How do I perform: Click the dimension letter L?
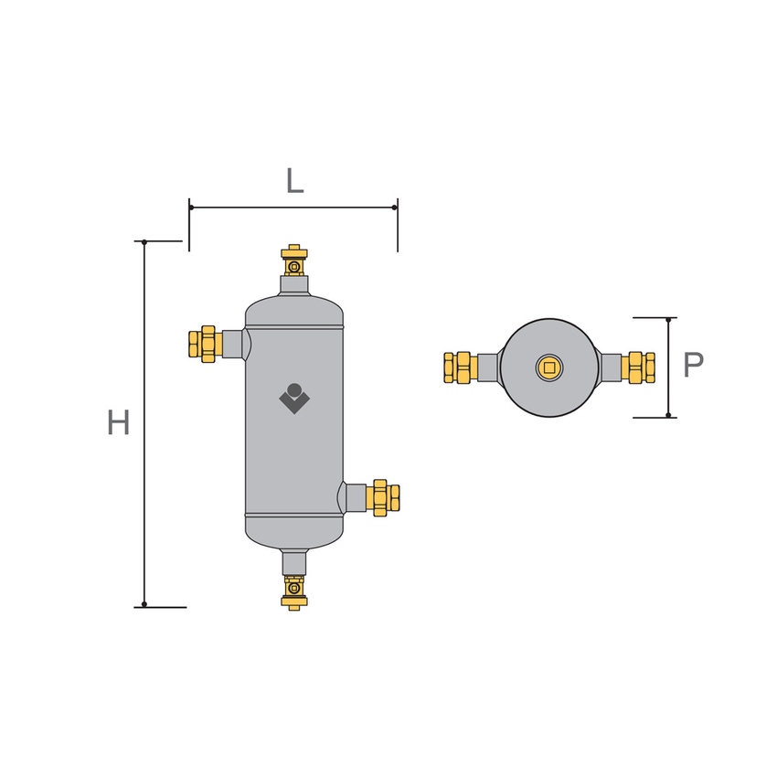[293, 180]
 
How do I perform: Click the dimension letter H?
[118, 422]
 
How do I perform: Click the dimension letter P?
[694, 366]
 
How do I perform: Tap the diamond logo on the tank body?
[294, 398]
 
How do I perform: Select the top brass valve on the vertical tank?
[294, 261]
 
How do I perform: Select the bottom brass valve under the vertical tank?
[294, 591]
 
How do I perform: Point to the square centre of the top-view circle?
[549, 367]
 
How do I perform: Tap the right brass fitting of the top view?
[638, 367]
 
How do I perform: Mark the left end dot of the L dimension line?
[190, 208]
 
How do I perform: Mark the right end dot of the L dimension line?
[395, 208]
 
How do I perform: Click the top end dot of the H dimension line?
[144, 241]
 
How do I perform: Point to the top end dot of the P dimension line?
[669, 319]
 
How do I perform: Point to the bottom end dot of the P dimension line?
[669, 416]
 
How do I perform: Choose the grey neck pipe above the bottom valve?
[294, 560]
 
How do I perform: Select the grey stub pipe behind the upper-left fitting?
[233, 344]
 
